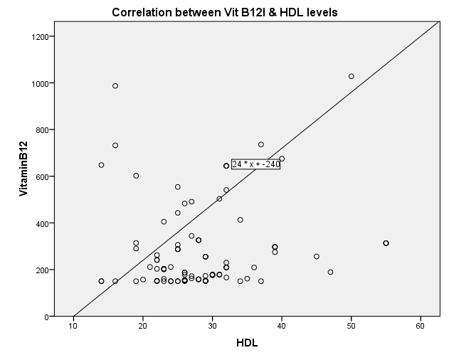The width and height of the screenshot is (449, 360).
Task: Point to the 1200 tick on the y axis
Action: click(x=42, y=37)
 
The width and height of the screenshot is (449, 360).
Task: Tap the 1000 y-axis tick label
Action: click(x=42, y=83)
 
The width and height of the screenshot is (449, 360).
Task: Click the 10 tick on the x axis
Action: click(x=73, y=326)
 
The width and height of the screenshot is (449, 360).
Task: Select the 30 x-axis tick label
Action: click(x=212, y=326)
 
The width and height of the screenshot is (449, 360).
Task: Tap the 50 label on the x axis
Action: click(x=352, y=326)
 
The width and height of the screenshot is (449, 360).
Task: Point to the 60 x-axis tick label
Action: click(x=421, y=326)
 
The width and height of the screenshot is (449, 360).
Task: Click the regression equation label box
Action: click(x=256, y=164)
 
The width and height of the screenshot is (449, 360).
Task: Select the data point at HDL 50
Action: click(x=352, y=76)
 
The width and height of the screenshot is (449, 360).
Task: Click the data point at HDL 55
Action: click(x=386, y=243)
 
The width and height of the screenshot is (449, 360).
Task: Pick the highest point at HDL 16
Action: click(x=115, y=86)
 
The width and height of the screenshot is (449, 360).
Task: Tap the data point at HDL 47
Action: click(x=330, y=272)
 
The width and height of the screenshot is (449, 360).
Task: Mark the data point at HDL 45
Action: click(x=317, y=256)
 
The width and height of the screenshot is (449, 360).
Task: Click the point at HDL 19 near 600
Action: click(x=136, y=176)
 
